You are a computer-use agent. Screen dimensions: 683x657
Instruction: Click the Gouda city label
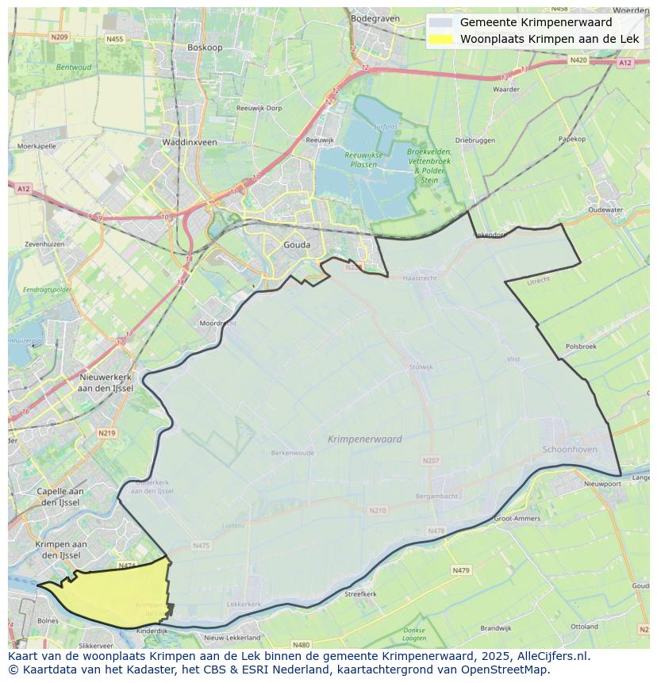pyautogui.click(x=297, y=245)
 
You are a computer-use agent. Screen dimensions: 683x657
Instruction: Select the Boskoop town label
pyautogui.click(x=205, y=48)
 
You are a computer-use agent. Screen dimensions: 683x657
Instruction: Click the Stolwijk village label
pyautogui.click(x=421, y=367)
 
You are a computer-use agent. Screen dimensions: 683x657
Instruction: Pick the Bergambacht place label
pyautogui.click(x=436, y=496)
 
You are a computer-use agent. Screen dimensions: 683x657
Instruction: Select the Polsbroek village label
pyautogui.click(x=581, y=347)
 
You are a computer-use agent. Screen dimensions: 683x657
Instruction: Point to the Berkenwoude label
pyautogui.click(x=293, y=453)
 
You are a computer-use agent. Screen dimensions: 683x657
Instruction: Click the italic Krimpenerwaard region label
pyautogui.click(x=364, y=439)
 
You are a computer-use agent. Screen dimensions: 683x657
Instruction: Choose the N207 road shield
pyautogui.click(x=431, y=460)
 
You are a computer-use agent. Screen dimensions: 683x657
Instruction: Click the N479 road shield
pyautogui.click(x=461, y=570)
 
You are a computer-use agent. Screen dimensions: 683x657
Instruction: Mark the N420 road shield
pyautogui.click(x=578, y=60)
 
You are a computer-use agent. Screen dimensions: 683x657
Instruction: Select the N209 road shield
pyautogui.click(x=59, y=37)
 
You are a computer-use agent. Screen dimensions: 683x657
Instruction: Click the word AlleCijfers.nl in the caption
pyautogui.click(x=551, y=657)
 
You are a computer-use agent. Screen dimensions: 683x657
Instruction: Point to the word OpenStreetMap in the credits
pyautogui.click(x=508, y=670)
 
